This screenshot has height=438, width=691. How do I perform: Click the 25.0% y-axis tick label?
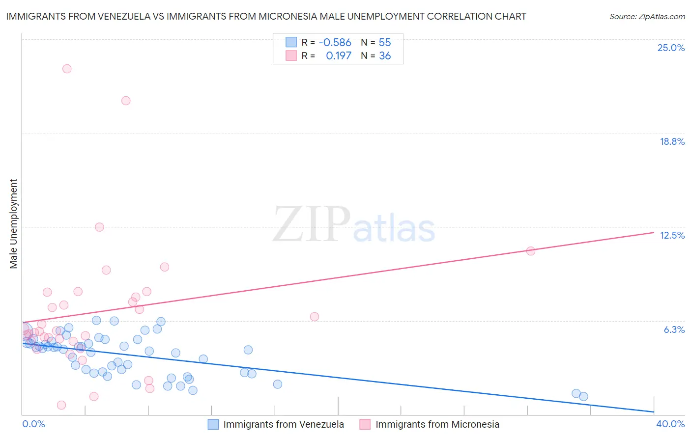click(671, 48)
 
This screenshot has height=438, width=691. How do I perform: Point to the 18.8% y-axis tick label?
click(672, 141)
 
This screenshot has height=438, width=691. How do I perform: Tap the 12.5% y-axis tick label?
click(672, 235)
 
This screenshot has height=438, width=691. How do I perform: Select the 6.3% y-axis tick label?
click(674, 329)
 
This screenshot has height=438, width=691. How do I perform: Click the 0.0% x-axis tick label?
click(33, 424)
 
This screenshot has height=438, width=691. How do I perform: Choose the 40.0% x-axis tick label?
click(670, 424)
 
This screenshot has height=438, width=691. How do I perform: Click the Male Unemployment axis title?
click(13, 224)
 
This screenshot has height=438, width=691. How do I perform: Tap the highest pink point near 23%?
click(67, 69)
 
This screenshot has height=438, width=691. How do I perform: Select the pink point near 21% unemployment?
click(126, 101)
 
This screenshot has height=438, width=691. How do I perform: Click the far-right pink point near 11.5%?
click(531, 251)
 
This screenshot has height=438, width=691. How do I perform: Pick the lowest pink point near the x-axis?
click(61, 405)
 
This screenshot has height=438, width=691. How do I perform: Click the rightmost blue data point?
click(583, 396)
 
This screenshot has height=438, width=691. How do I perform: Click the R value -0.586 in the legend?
click(335, 43)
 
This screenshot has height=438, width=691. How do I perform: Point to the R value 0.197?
click(339, 56)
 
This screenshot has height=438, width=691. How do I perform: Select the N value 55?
click(385, 43)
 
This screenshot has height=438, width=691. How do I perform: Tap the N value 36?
click(385, 56)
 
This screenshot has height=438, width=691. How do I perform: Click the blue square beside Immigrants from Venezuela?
click(213, 424)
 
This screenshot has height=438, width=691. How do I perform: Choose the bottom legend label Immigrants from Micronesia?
click(437, 424)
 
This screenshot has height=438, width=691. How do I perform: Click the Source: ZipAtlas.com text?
click(647, 17)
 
